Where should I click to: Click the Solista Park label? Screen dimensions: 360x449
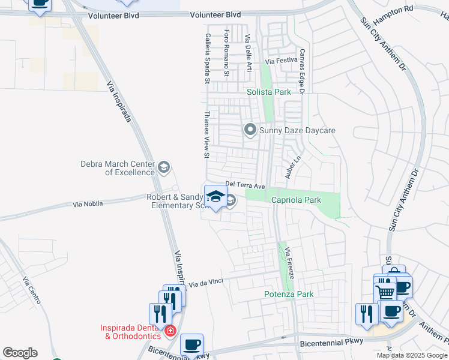[x=269, y=92]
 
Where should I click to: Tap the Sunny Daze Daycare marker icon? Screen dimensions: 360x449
[x=250, y=130]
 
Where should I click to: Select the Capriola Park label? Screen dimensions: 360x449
[x=297, y=200]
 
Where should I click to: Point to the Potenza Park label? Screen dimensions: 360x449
[x=289, y=294]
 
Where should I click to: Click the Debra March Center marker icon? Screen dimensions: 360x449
[x=164, y=167]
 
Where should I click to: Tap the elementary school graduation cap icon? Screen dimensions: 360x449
[x=215, y=196]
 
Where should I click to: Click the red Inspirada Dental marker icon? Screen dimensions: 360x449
[x=170, y=331]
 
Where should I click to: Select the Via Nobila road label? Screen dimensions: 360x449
[x=88, y=204]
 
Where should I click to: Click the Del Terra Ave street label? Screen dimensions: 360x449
[x=245, y=184]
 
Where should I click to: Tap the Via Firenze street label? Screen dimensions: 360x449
[x=289, y=262]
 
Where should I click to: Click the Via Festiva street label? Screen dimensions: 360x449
[x=282, y=61]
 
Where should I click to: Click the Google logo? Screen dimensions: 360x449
[x=20, y=353]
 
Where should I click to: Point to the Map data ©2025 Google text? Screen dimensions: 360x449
[x=412, y=355]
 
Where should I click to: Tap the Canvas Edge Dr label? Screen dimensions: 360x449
[x=303, y=71]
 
